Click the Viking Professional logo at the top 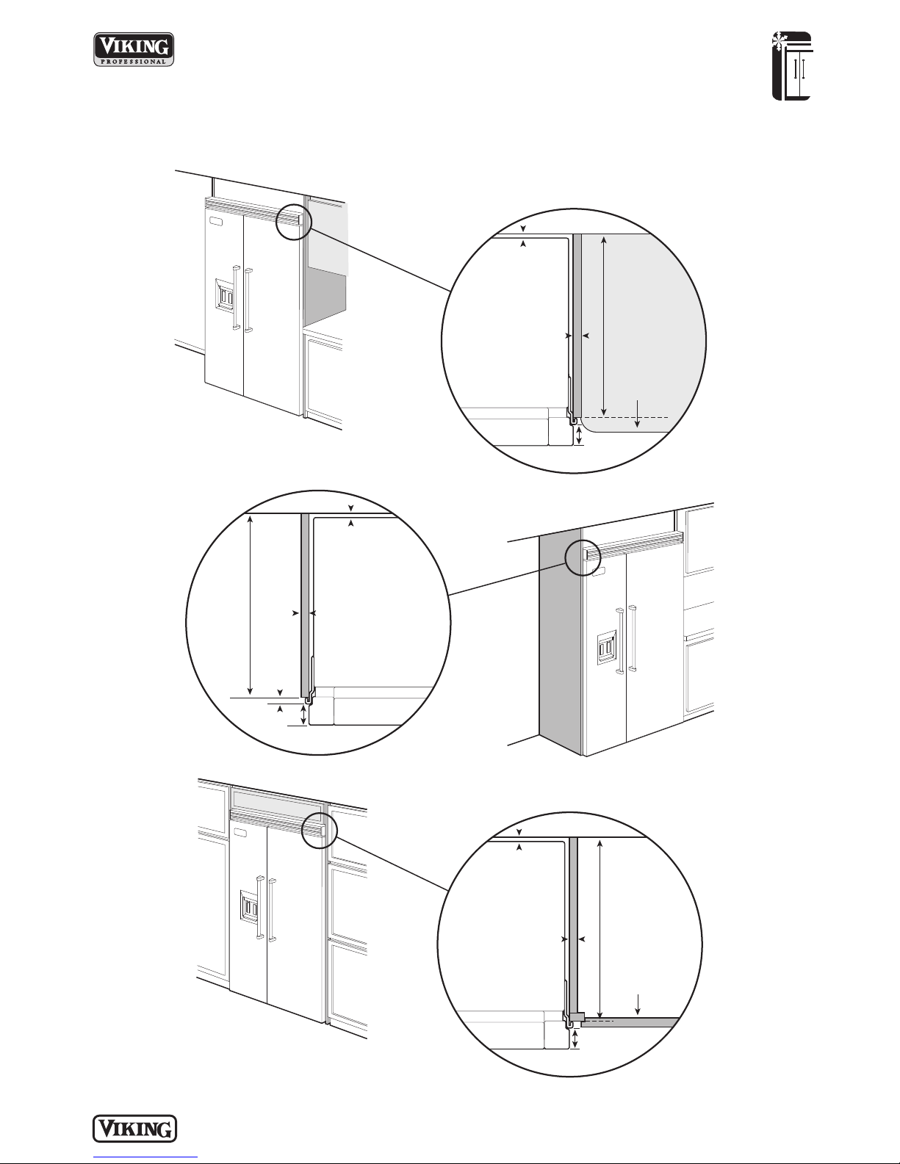tap(134, 49)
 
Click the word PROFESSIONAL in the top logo tap(134, 62)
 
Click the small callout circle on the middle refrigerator tap(583, 557)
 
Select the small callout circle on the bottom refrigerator tap(320, 831)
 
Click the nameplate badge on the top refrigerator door tap(215, 221)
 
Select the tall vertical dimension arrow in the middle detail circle tap(251, 604)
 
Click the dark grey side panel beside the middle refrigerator tap(561, 643)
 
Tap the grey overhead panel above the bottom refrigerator tap(277, 800)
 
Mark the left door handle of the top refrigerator tap(235, 297)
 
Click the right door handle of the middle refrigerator tap(633, 638)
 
